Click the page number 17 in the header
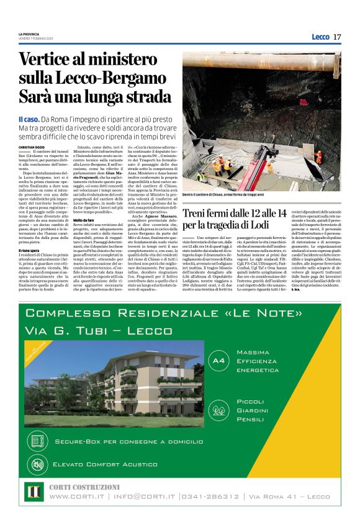(337, 37)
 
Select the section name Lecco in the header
(320, 37)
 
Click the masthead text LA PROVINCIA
(29, 34)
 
